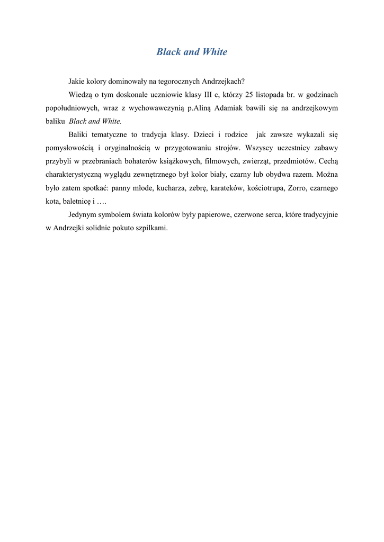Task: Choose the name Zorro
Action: point(297,188)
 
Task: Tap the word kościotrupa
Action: point(266,188)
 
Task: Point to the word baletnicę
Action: point(76,201)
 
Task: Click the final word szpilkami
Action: point(151,228)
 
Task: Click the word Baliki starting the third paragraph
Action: point(79,135)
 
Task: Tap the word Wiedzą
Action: point(81,95)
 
